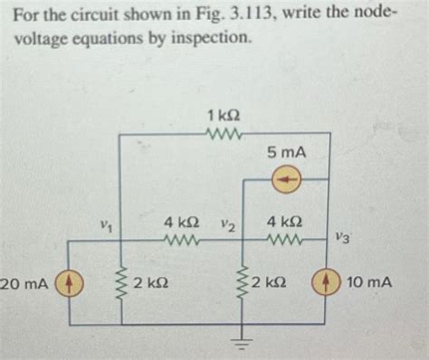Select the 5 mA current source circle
click(286, 180)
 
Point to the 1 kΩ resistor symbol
click(222, 137)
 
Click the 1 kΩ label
click(223, 116)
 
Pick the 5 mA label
click(286, 155)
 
